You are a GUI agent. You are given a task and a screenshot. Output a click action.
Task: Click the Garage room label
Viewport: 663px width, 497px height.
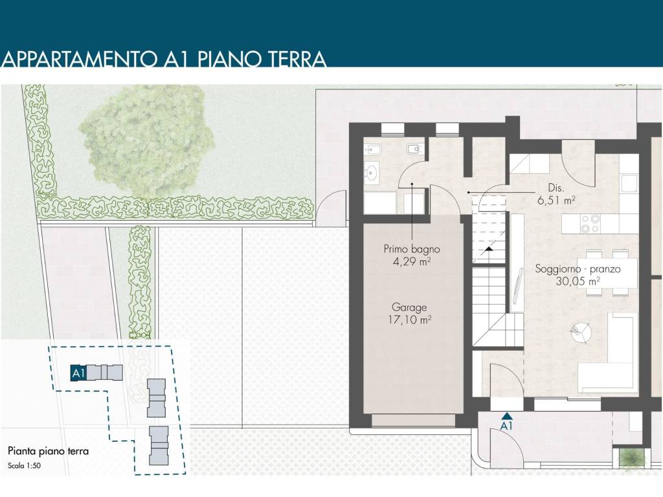click(409, 307)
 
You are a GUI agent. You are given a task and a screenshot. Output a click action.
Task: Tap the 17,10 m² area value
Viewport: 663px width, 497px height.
click(409, 320)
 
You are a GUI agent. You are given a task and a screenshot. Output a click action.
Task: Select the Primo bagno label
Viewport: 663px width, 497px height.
click(411, 249)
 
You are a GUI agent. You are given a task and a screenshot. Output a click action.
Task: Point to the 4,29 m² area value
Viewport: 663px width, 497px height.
click(411, 261)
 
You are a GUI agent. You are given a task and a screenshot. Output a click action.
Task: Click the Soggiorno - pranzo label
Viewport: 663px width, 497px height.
click(578, 269)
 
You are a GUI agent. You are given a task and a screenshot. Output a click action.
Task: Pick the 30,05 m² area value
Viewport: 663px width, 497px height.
click(578, 281)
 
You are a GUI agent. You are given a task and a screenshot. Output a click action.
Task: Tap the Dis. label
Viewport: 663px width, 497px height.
click(556, 188)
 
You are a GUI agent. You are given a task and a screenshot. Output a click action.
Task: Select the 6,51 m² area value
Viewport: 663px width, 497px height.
click(556, 200)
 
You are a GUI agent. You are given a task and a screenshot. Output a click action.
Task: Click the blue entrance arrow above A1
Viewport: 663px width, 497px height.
click(506, 416)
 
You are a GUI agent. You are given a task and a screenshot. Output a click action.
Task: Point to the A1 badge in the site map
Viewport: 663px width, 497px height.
click(78, 373)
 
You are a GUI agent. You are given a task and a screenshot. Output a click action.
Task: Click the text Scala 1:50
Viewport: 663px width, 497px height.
click(25, 466)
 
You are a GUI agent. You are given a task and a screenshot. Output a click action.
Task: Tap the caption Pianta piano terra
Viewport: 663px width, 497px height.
click(48, 451)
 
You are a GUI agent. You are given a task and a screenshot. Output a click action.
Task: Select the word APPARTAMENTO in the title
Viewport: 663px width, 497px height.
click(79, 59)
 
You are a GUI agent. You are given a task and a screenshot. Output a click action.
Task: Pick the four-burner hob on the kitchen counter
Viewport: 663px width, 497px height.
click(590, 223)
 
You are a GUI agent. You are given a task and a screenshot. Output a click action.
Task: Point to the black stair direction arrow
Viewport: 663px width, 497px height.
click(489, 249)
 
